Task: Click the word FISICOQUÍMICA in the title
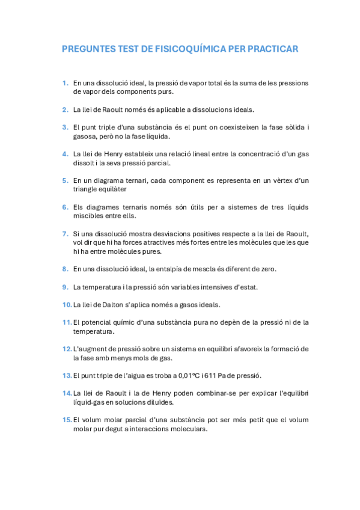(x=186, y=49)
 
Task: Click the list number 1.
(x=65, y=83)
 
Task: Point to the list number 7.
(x=65, y=233)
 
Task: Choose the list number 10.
(x=67, y=304)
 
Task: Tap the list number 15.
(x=67, y=420)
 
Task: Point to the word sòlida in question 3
(x=290, y=127)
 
